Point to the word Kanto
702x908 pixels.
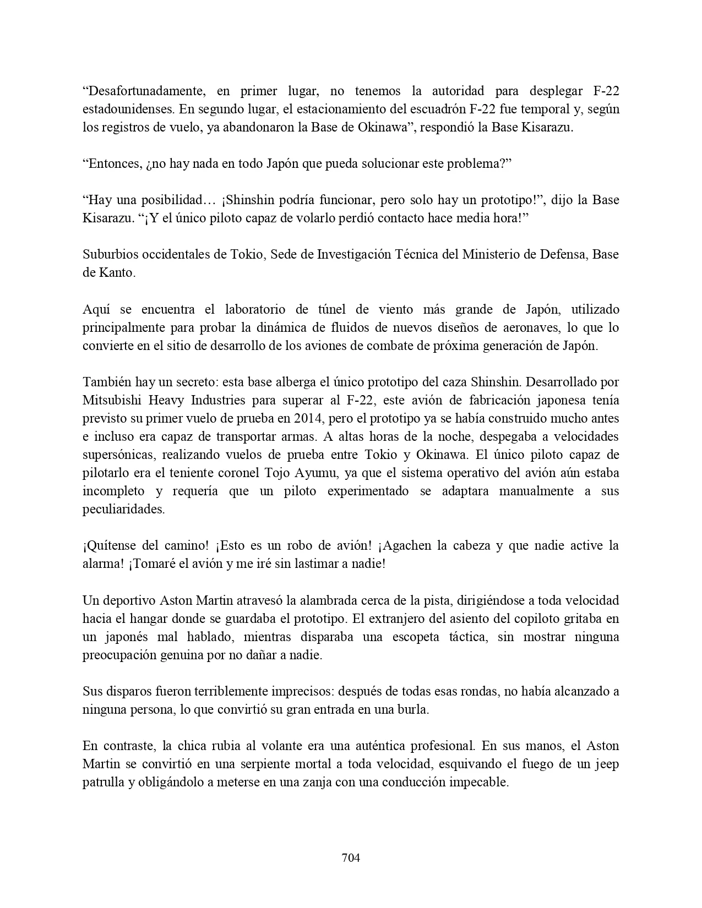tap(117, 272)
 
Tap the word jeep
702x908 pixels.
tap(607, 764)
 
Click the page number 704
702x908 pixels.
tap(351, 857)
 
